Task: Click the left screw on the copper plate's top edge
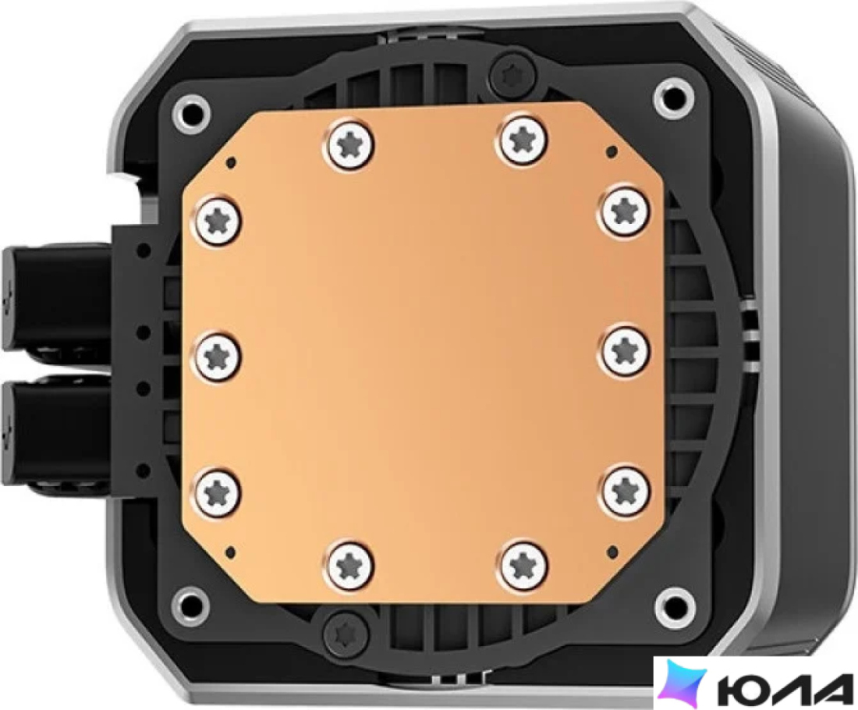pos(353,142)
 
